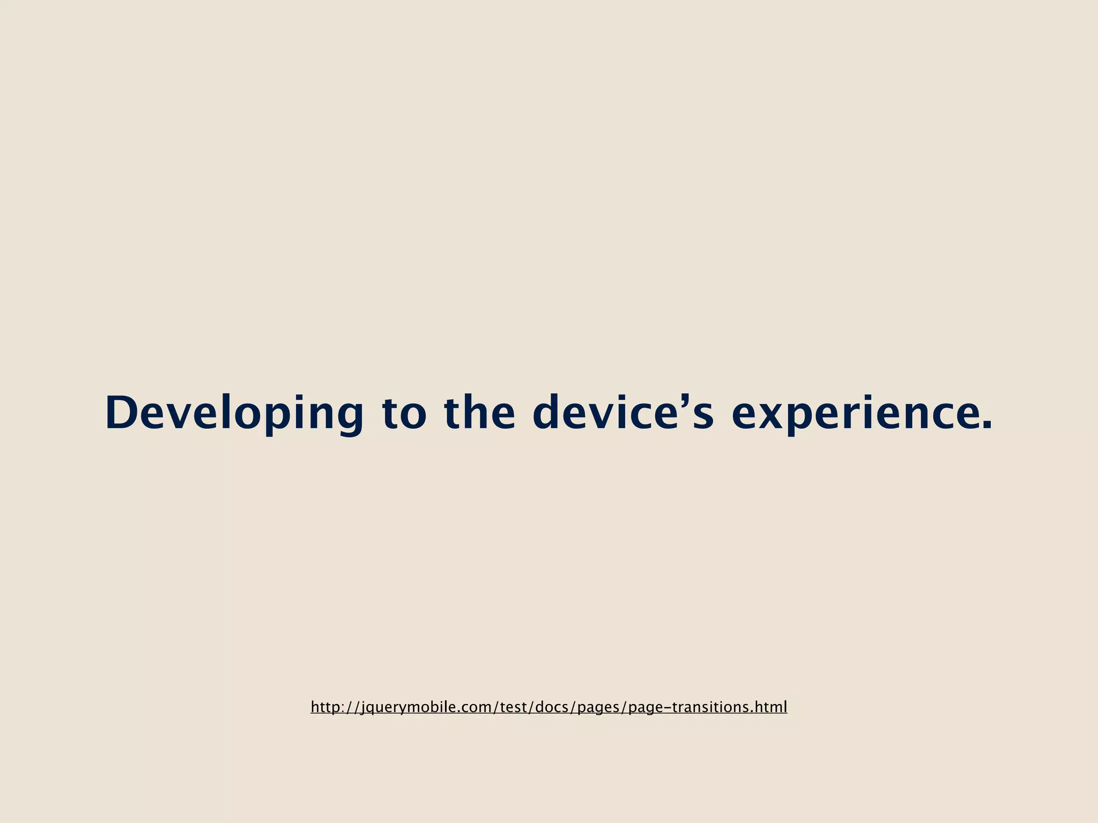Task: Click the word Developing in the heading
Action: [234, 413]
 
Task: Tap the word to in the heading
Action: [404, 413]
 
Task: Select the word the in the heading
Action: [479, 413]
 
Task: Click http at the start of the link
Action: [324, 707]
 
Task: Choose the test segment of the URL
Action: [513, 707]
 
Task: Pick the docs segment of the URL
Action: [552, 707]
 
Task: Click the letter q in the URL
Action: [373, 709]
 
